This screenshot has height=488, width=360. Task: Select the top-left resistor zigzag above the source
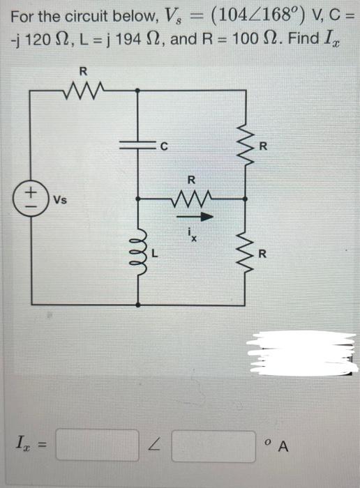click(x=84, y=89)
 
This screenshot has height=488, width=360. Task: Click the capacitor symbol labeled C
click(x=137, y=145)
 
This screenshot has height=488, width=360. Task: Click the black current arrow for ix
click(x=191, y=215)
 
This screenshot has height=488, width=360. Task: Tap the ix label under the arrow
click(x=193, y=234)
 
